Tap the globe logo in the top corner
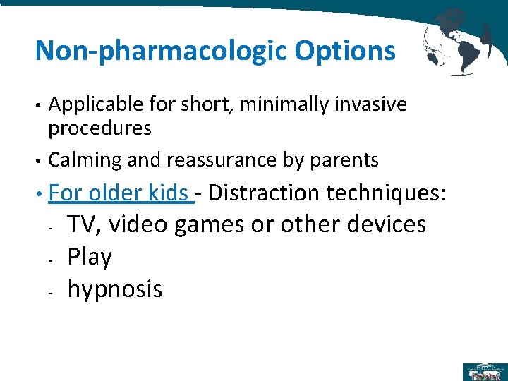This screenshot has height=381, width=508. pos(459,41)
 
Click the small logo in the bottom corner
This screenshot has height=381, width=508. pos(484,371)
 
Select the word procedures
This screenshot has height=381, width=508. pos(99,128)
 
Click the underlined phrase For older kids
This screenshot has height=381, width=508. pos(120,193)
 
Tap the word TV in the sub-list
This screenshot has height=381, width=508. pos(82,224)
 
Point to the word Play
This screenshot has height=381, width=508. pos(90,258)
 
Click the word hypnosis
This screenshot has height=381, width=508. pos(114,289)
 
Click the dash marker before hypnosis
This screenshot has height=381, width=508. pos(53,291)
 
